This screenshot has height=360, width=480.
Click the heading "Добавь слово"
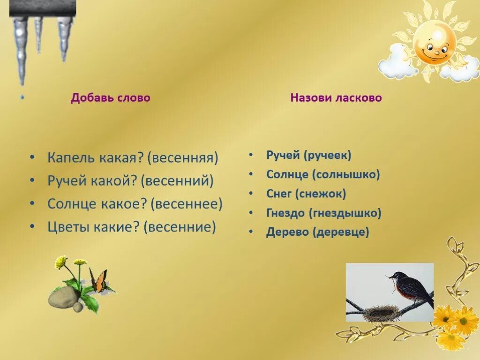[x=111, y=98]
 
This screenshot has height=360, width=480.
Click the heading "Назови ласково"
[x=336, y=98]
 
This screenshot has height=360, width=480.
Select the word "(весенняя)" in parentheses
[x=183, y=157]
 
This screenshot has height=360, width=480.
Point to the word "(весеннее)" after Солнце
[x=187, y=204]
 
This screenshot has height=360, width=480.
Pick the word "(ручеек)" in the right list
[x=328, y=155]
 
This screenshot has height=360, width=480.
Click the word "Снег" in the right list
[x=279, y=194]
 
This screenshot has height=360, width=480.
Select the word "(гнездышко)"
[x=345, y=213]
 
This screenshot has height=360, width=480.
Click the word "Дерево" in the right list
[x=287, y=232]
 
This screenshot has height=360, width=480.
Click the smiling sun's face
[x=435, y=44]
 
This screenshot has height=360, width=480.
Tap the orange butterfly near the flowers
[x=99, y=281]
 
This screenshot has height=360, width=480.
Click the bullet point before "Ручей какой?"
[x=31, y=181]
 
